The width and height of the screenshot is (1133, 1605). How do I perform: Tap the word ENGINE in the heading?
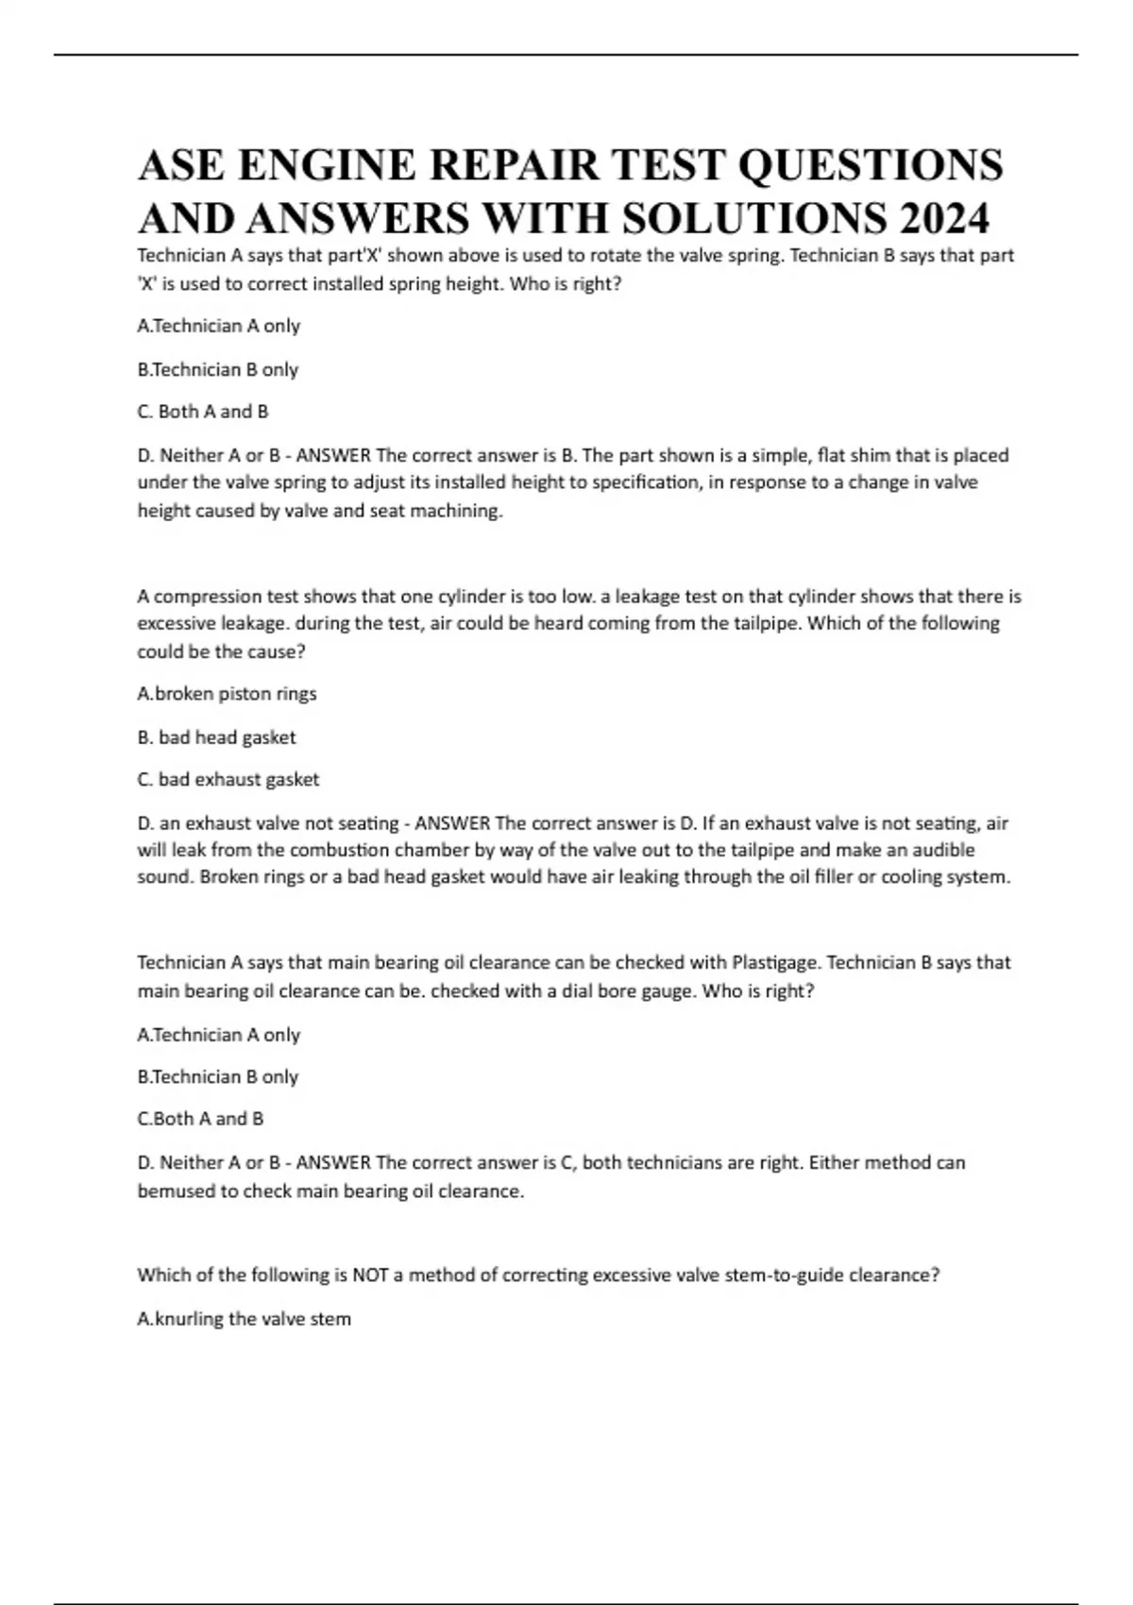pos(327,165)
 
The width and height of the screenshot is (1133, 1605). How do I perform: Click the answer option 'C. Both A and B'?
pos(203,412)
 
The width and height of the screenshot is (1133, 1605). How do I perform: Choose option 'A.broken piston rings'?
pos(227,694)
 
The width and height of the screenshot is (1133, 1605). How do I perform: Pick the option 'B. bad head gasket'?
pos(216,737)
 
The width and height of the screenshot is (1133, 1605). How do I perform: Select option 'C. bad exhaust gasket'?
pos(228,780)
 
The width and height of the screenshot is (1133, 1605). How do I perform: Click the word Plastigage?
pos(776,963)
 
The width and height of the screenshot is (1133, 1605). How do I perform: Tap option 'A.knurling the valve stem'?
pos(244,1319)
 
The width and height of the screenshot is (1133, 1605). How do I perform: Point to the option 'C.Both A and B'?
pos(200,1119)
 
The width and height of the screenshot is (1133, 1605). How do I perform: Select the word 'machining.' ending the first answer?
pos(456,511)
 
